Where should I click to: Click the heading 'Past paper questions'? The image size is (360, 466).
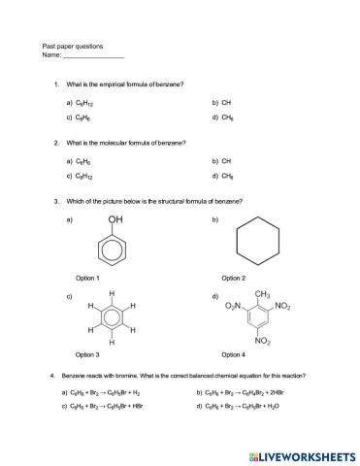73,47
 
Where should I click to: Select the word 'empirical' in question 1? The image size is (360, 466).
118,85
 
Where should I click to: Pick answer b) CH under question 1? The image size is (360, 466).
221,102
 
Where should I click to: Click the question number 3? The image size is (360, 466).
57,202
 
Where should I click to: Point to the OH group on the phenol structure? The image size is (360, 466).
115,220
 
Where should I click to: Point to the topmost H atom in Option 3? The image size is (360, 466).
113,292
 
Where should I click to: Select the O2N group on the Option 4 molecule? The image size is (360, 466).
233,307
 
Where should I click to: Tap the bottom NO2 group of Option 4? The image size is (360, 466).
263,342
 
